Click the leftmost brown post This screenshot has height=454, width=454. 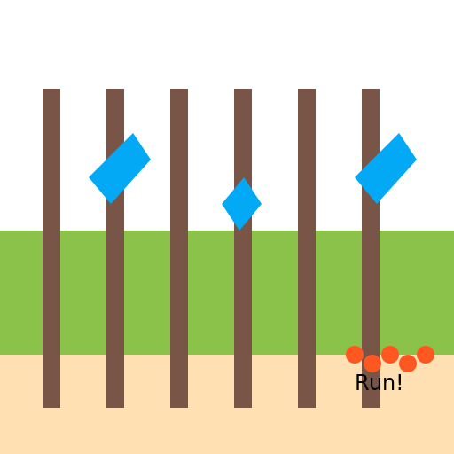51,248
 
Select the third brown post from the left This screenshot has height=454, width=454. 179,248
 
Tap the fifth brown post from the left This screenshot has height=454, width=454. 307,248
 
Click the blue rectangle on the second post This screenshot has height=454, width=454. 120,168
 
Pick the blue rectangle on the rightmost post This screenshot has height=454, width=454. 386,168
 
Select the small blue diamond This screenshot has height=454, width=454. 242,204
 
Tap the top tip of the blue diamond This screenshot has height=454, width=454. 244,177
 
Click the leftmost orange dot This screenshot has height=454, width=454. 355,355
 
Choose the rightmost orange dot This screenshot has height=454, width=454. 426,355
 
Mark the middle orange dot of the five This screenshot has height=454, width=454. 390,355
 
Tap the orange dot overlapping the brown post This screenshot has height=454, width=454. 372,364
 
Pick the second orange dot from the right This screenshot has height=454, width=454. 408,364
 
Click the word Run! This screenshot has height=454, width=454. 379,382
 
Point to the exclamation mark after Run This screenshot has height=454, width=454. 400,382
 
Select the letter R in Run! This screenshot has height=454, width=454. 362,382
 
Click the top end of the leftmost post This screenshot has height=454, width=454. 51,89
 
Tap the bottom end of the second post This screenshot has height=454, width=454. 115,408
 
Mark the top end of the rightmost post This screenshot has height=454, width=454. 371,89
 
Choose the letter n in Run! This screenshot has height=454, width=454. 388,385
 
